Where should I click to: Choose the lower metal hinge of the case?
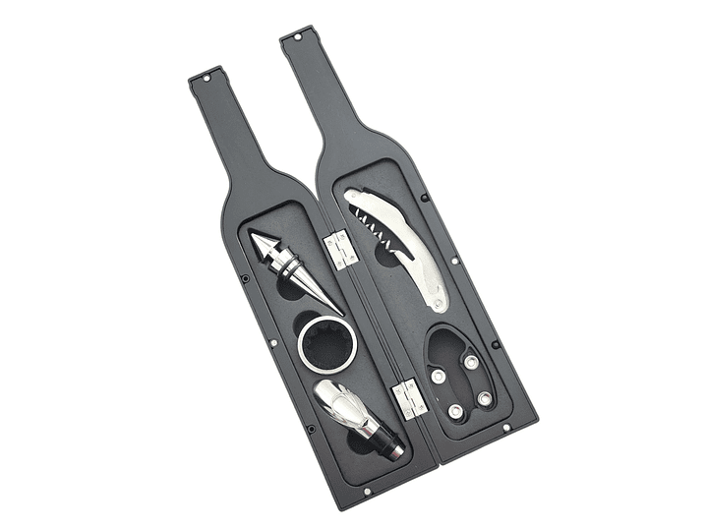[x=405, y=397]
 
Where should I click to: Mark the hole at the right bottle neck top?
[x=293, y=41]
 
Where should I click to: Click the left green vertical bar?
[x=44, y=265]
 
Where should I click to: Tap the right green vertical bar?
[x=662, y=265]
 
